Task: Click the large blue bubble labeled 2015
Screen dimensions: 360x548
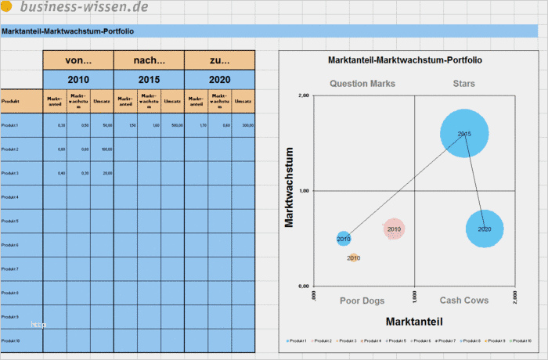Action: pos(464,134)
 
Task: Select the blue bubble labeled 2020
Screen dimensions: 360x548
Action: pos(485,229)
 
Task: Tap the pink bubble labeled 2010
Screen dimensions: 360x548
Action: pos(394,229)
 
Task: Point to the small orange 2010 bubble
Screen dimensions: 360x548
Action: pos(354,257)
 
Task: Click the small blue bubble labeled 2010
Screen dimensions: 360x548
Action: pos(344,238)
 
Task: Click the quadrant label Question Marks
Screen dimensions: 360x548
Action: pos(362,83)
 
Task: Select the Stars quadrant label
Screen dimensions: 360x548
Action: pos(463,83)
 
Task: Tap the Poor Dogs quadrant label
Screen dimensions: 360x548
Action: pos(362,301)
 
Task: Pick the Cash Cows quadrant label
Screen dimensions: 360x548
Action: pos(463,301)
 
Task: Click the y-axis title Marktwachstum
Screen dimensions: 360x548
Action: pos(290,188)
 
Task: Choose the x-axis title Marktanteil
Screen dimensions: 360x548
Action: pos(415,321)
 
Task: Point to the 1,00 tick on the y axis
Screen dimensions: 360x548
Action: pos(305,191)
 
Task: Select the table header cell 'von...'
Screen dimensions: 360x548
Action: pos(78,60)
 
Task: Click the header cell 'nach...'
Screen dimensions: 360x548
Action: pos(149,60)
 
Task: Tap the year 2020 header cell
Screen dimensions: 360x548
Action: pos(220,80)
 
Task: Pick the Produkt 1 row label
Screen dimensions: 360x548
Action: pos(10,125)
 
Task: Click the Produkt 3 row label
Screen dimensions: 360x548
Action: pos(10,173)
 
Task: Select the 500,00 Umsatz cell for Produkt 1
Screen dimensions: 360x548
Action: pos(177,125)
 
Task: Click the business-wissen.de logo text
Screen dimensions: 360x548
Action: pos(84,8)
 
